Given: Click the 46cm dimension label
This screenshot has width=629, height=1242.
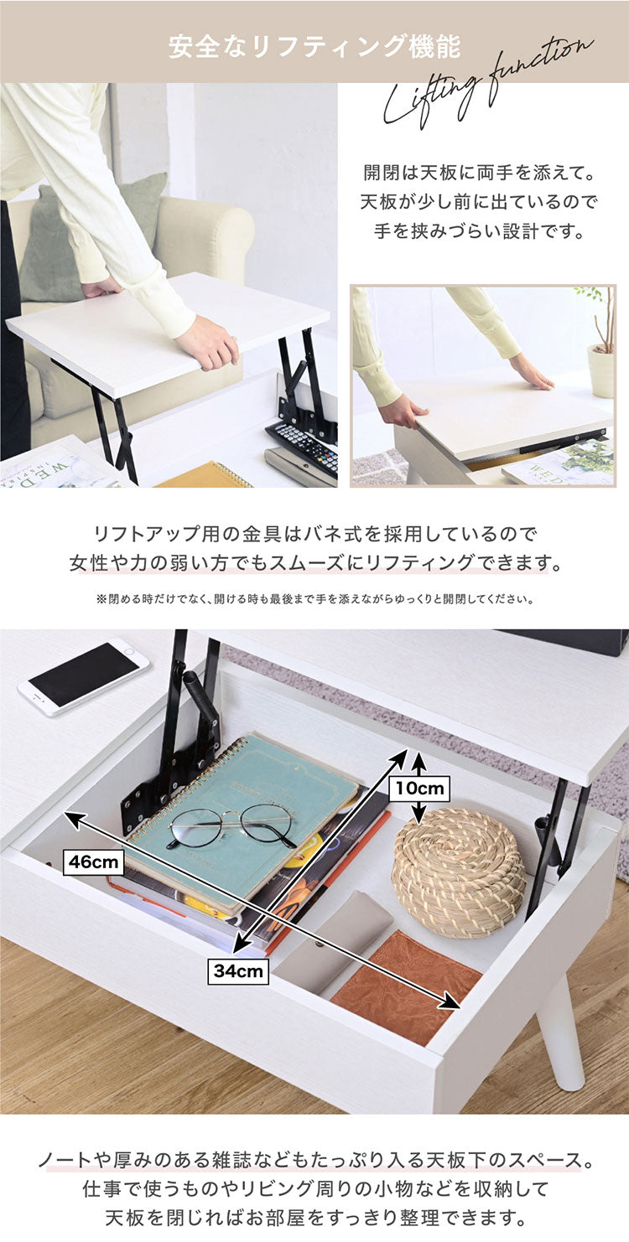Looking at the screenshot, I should (93, 862).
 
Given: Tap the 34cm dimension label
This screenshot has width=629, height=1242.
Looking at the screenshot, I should (238, 972).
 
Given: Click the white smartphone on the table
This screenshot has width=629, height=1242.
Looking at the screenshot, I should (83, 676).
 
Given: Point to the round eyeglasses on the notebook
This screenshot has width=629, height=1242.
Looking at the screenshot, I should (231, 825).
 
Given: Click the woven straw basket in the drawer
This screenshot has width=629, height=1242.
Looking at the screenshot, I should (459, 872).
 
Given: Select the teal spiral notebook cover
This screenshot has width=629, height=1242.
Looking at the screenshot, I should (243, 805).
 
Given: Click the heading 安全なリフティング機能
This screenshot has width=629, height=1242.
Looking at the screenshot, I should (314, 46).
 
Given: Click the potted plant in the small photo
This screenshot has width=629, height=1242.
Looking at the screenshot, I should (600, 344).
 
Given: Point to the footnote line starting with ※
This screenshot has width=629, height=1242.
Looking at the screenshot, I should (314, 599).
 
